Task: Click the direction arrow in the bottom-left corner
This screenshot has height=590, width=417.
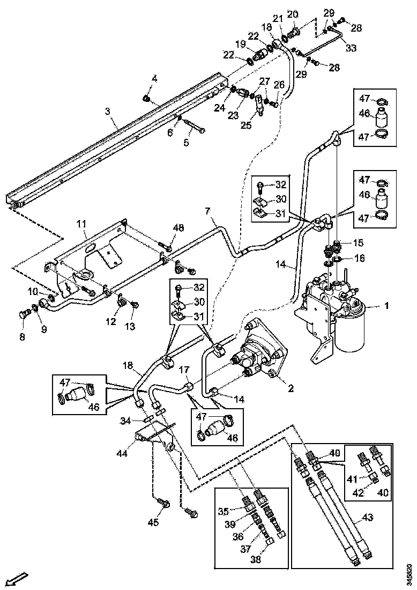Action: [18, 579]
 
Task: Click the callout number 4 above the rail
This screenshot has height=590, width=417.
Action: [154, 79]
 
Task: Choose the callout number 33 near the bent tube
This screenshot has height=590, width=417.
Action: [351, 48]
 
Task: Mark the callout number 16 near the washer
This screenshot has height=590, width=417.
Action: [359, 258]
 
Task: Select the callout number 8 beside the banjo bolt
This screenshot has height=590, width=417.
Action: [22, 337]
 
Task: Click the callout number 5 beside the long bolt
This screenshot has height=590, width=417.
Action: [187, 143]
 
